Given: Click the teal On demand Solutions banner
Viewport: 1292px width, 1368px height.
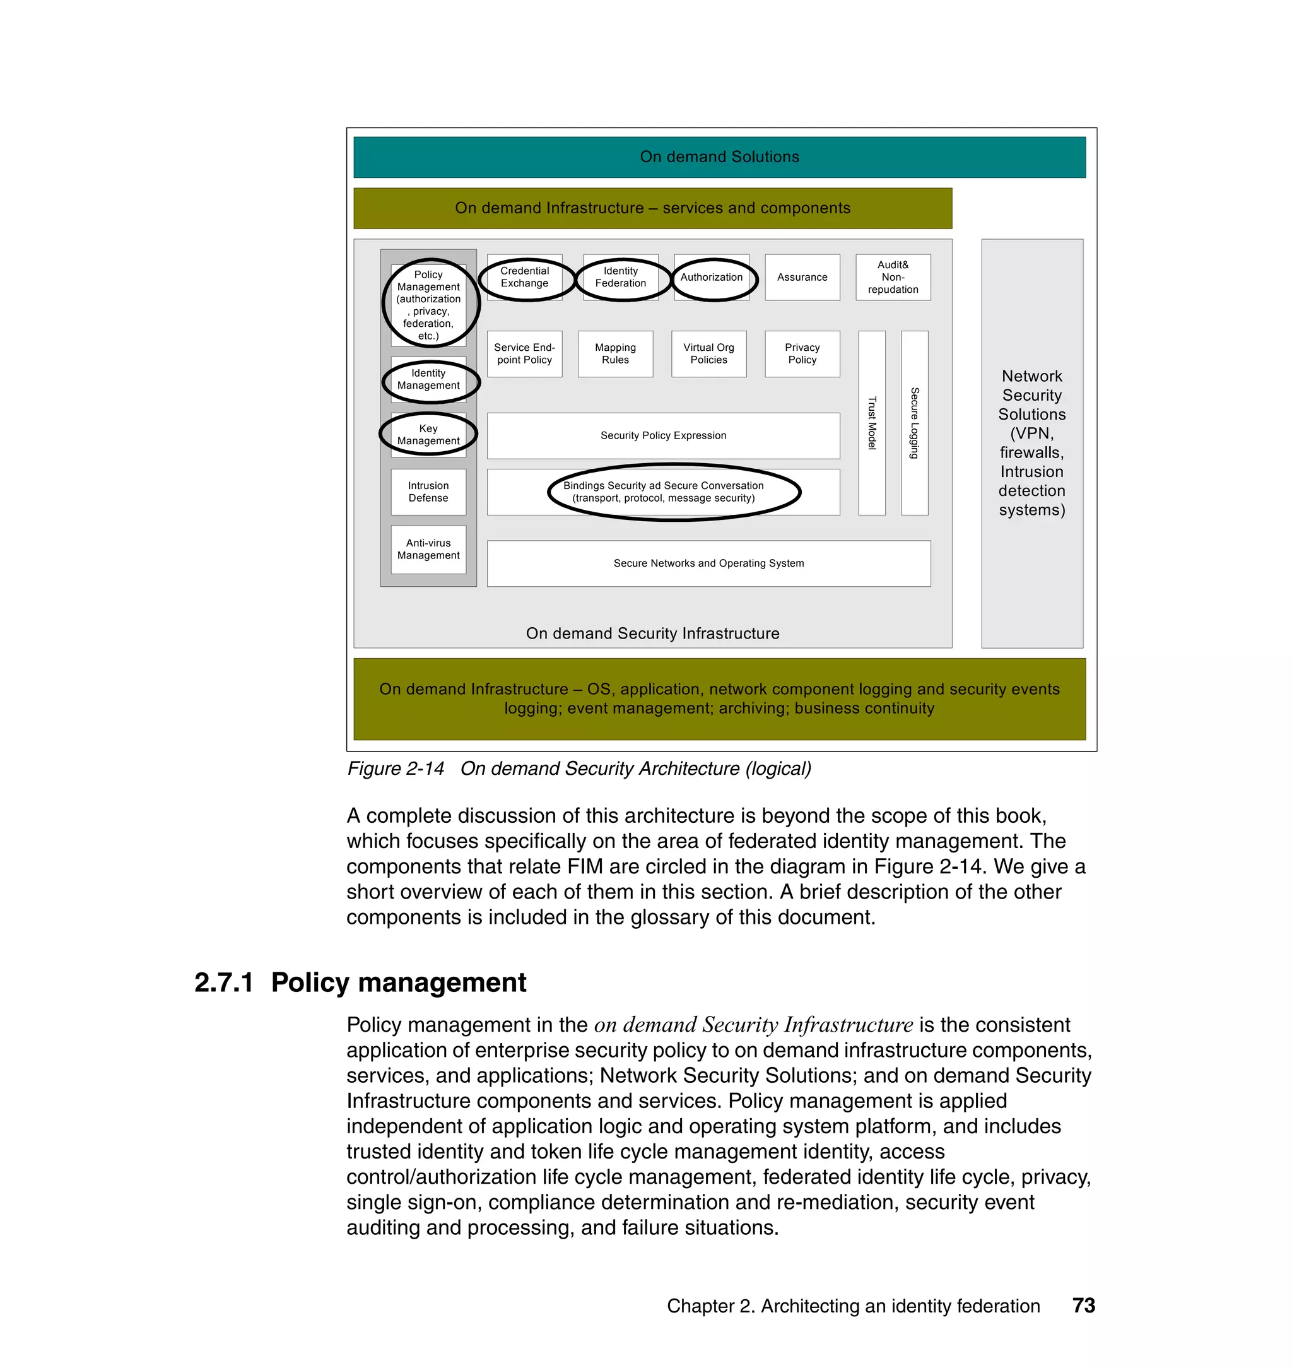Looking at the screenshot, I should coord(719,157).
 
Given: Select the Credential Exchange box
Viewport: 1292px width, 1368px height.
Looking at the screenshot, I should coord(525,277).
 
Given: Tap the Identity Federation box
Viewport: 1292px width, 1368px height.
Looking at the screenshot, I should coord(621,277).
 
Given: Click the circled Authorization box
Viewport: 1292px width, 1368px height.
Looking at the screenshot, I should coord(712,278).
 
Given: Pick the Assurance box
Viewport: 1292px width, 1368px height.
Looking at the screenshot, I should coord(802,278).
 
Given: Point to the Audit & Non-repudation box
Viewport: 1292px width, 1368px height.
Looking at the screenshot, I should coord(893,278).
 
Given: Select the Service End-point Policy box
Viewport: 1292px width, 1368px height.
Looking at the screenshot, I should coord(525,354).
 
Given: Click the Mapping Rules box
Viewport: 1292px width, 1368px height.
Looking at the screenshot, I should coord(615,354).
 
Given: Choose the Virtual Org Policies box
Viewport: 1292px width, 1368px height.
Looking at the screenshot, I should coord(708,354).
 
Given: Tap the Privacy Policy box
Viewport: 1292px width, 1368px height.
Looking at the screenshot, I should coord(802,354).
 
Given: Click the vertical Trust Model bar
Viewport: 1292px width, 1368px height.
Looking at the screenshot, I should coord(872,423).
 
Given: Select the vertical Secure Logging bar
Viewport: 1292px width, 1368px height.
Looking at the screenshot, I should coord(915,423).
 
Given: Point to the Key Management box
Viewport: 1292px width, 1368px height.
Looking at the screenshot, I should coord(428,435).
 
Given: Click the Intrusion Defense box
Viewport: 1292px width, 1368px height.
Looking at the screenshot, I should coord(428,492).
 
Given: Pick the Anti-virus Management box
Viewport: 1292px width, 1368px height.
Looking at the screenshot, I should coord(428,550).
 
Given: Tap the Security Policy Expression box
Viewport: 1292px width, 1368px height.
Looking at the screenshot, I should coord(663,436).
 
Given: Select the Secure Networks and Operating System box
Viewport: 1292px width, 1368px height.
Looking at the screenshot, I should coord(708,563).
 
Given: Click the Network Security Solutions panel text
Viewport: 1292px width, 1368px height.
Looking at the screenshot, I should coord(1031,443).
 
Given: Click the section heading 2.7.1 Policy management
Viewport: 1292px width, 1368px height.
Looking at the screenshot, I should coord(360,982).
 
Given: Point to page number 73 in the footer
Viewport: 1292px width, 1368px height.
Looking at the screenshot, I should coord(1083,1306).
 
